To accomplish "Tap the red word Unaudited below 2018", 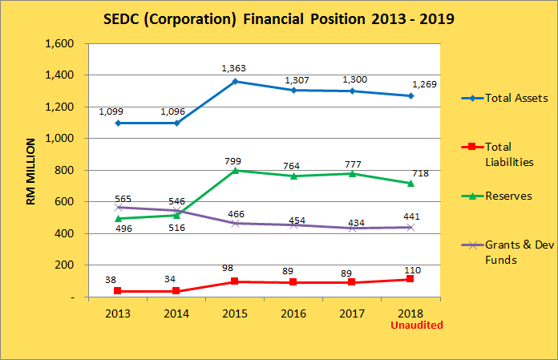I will pyautogui.click(x=416, y=326).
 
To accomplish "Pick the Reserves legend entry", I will pyautogui.click(x=512, y=196).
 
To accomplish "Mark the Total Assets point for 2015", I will pyautogui.click(x=236, y=81).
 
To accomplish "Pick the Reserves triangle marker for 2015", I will pyautogui.click(x=236, y=170).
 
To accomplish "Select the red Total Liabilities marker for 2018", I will pyautogui.click(x=410, y=279).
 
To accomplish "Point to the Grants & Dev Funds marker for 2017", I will pyautogui.click(x=352, y=228).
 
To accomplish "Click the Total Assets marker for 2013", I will pyautogui.click(x=117, y=123).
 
